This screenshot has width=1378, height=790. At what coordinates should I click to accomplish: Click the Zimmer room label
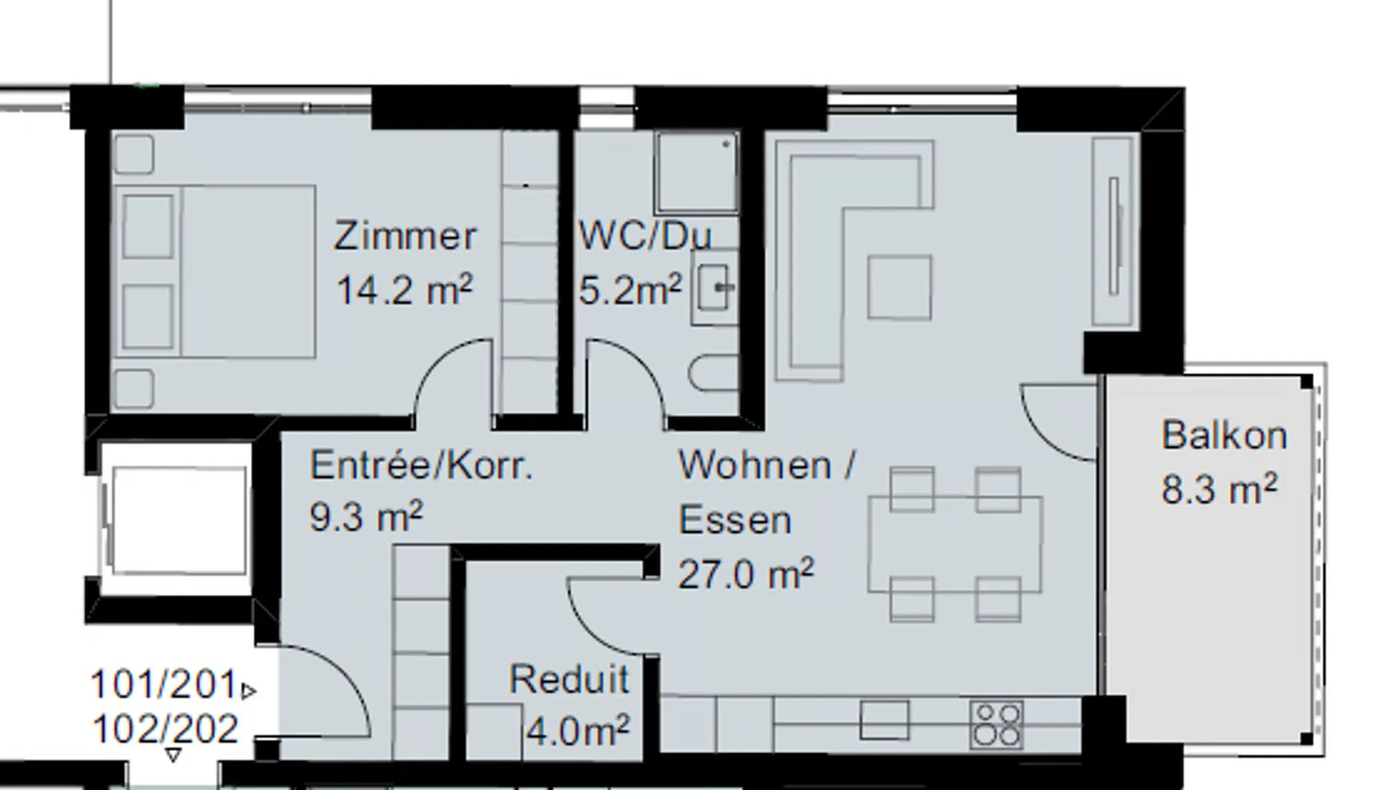point(405,236)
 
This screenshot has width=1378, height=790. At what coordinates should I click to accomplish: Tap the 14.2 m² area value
point(405,290)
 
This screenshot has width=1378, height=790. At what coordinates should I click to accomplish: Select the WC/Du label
point(645,236)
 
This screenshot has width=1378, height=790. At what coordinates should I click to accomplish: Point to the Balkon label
point(1224,435)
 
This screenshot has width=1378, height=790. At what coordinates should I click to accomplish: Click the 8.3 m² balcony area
point(1219,489)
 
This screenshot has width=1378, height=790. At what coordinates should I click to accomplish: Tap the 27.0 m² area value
point(746,574)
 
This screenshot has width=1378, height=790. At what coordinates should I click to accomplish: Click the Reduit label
point(569,679)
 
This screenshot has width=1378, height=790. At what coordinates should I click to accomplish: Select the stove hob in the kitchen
point(997,724)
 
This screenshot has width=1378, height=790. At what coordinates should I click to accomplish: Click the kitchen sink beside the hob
point(884,720)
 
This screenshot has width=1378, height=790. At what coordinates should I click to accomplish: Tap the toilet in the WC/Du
point(713,373)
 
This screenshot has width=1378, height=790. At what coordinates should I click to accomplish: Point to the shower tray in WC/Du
point(696,172)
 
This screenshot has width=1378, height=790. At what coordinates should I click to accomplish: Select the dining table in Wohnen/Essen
point(955,544)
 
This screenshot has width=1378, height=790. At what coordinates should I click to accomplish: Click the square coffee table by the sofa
point(900,287)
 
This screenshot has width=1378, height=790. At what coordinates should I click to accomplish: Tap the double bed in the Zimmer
point(215,271)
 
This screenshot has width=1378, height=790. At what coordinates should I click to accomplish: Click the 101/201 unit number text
point(164,684)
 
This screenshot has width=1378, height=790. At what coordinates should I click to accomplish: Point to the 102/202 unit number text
point(165,729)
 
